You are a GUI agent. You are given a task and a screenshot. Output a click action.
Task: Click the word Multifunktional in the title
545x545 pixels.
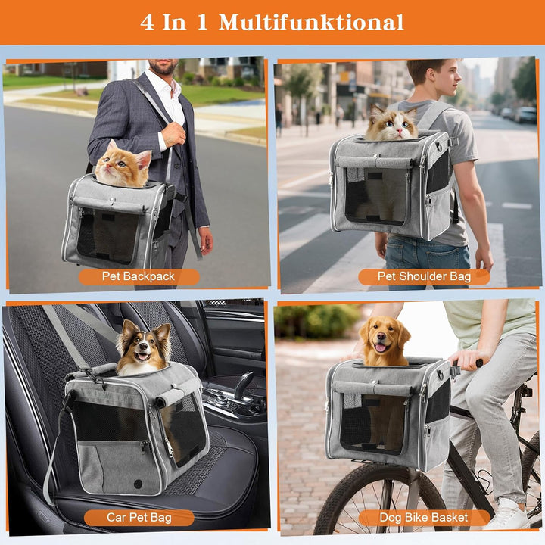pos(311,22)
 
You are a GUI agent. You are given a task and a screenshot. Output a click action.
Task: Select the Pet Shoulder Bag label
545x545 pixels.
pos(424,277)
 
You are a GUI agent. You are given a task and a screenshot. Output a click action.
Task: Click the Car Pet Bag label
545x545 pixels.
pos(139,518)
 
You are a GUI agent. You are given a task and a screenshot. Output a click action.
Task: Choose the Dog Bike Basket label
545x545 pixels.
pos(424,518)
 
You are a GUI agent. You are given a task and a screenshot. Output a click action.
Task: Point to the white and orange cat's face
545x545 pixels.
pos(391,125)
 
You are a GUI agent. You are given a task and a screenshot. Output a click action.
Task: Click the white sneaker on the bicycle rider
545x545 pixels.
pos(506,516)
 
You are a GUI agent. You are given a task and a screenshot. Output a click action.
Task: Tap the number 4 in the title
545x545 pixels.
pos(148,22)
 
